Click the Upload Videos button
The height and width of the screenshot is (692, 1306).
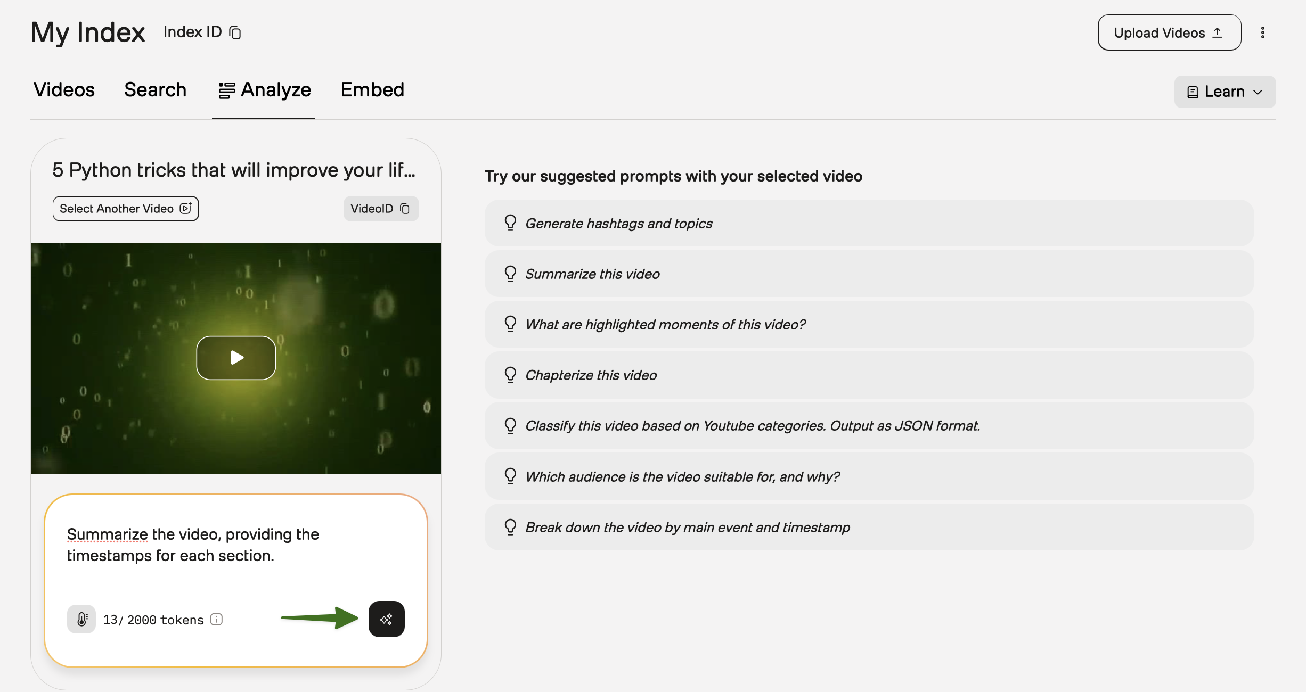point(1169,32)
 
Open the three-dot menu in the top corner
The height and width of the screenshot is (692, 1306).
point(1262,32)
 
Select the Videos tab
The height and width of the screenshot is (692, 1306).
point(64,89)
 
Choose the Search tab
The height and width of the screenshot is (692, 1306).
point(155,89)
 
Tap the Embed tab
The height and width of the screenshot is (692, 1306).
point(372,89)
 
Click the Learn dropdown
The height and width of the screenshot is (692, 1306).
point(1225,92)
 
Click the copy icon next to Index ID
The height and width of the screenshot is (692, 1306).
point(235,32)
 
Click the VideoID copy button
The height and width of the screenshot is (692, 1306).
point(381,209)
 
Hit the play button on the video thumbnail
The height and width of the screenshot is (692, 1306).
point(236,358)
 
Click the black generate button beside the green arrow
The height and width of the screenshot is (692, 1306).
point(386,619)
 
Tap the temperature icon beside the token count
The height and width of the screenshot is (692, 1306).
point(81,619)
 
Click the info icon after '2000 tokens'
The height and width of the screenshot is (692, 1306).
point(216,619)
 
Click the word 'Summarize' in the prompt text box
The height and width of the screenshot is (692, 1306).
point(107,534)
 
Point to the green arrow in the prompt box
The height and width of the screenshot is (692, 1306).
point(320,617)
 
